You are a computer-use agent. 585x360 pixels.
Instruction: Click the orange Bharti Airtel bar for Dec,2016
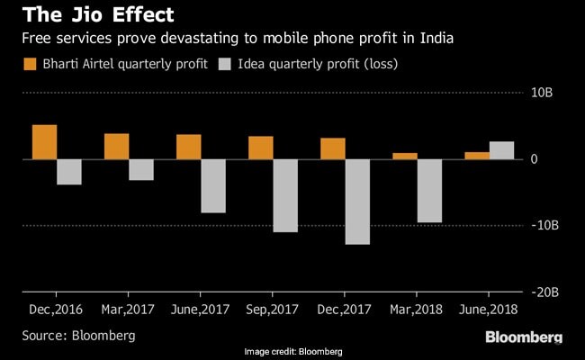point(45,142)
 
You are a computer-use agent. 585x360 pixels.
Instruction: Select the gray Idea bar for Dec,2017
point(357,202)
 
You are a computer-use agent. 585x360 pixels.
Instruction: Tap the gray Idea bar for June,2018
point(501,150)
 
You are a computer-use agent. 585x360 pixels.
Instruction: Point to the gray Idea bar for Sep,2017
point(285,195)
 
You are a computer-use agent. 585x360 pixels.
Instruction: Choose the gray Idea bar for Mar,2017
point(141,169)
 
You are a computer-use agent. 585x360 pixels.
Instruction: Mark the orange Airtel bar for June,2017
point(189,147)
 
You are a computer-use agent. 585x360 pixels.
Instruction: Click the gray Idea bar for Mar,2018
point(429,191)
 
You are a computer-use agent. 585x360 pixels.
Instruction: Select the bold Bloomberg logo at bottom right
point(524,337)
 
